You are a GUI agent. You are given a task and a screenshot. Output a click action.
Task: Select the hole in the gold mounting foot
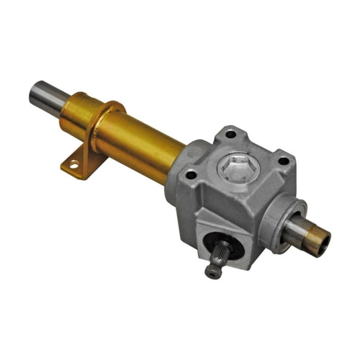tap(73, 166)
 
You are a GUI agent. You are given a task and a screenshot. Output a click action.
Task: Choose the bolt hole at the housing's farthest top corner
tap(230, 134)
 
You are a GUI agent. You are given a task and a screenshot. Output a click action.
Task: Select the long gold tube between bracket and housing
tap(144, 144)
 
